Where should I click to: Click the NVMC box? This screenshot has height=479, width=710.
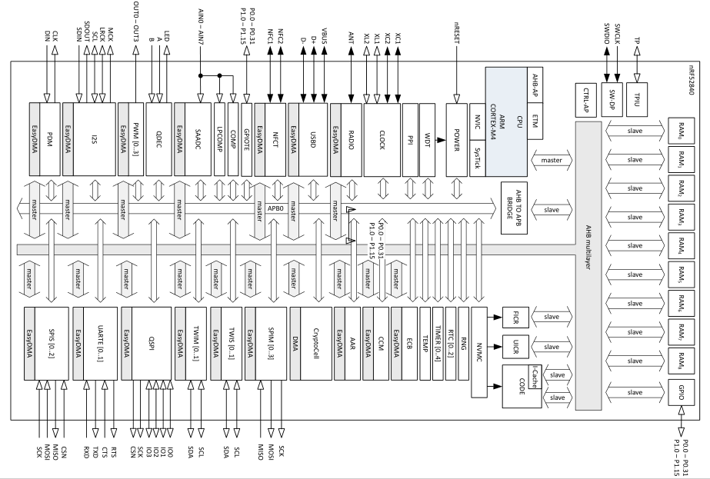click(478, 352)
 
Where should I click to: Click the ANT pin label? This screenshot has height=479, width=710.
click(352, 36)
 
